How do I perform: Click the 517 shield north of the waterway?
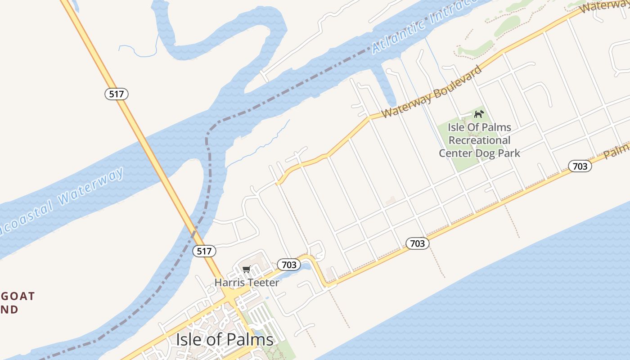click(x=117, y=94)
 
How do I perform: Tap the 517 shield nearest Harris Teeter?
click(x=204, y=251)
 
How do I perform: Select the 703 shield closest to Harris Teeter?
click(x=288, y=265)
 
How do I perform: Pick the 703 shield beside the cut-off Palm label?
click(x=580, y=166)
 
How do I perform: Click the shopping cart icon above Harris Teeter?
click(x=246, y=270)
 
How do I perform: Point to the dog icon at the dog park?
click(x=479, y=114)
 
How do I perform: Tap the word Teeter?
click(x=262, y=283)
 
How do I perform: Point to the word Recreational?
click(x=479, y=140)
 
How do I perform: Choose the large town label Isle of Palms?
click(x=225, y=339)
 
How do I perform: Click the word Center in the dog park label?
click(x=455, y=153)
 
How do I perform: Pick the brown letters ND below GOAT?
click(x=9, y=310)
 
